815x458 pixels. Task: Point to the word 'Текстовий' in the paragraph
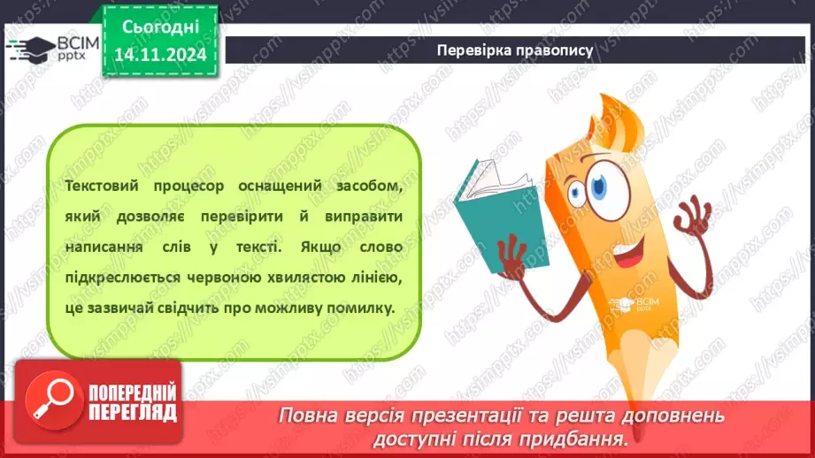tap(101, 187)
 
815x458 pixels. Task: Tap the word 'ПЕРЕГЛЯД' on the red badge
tap(133, 411)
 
